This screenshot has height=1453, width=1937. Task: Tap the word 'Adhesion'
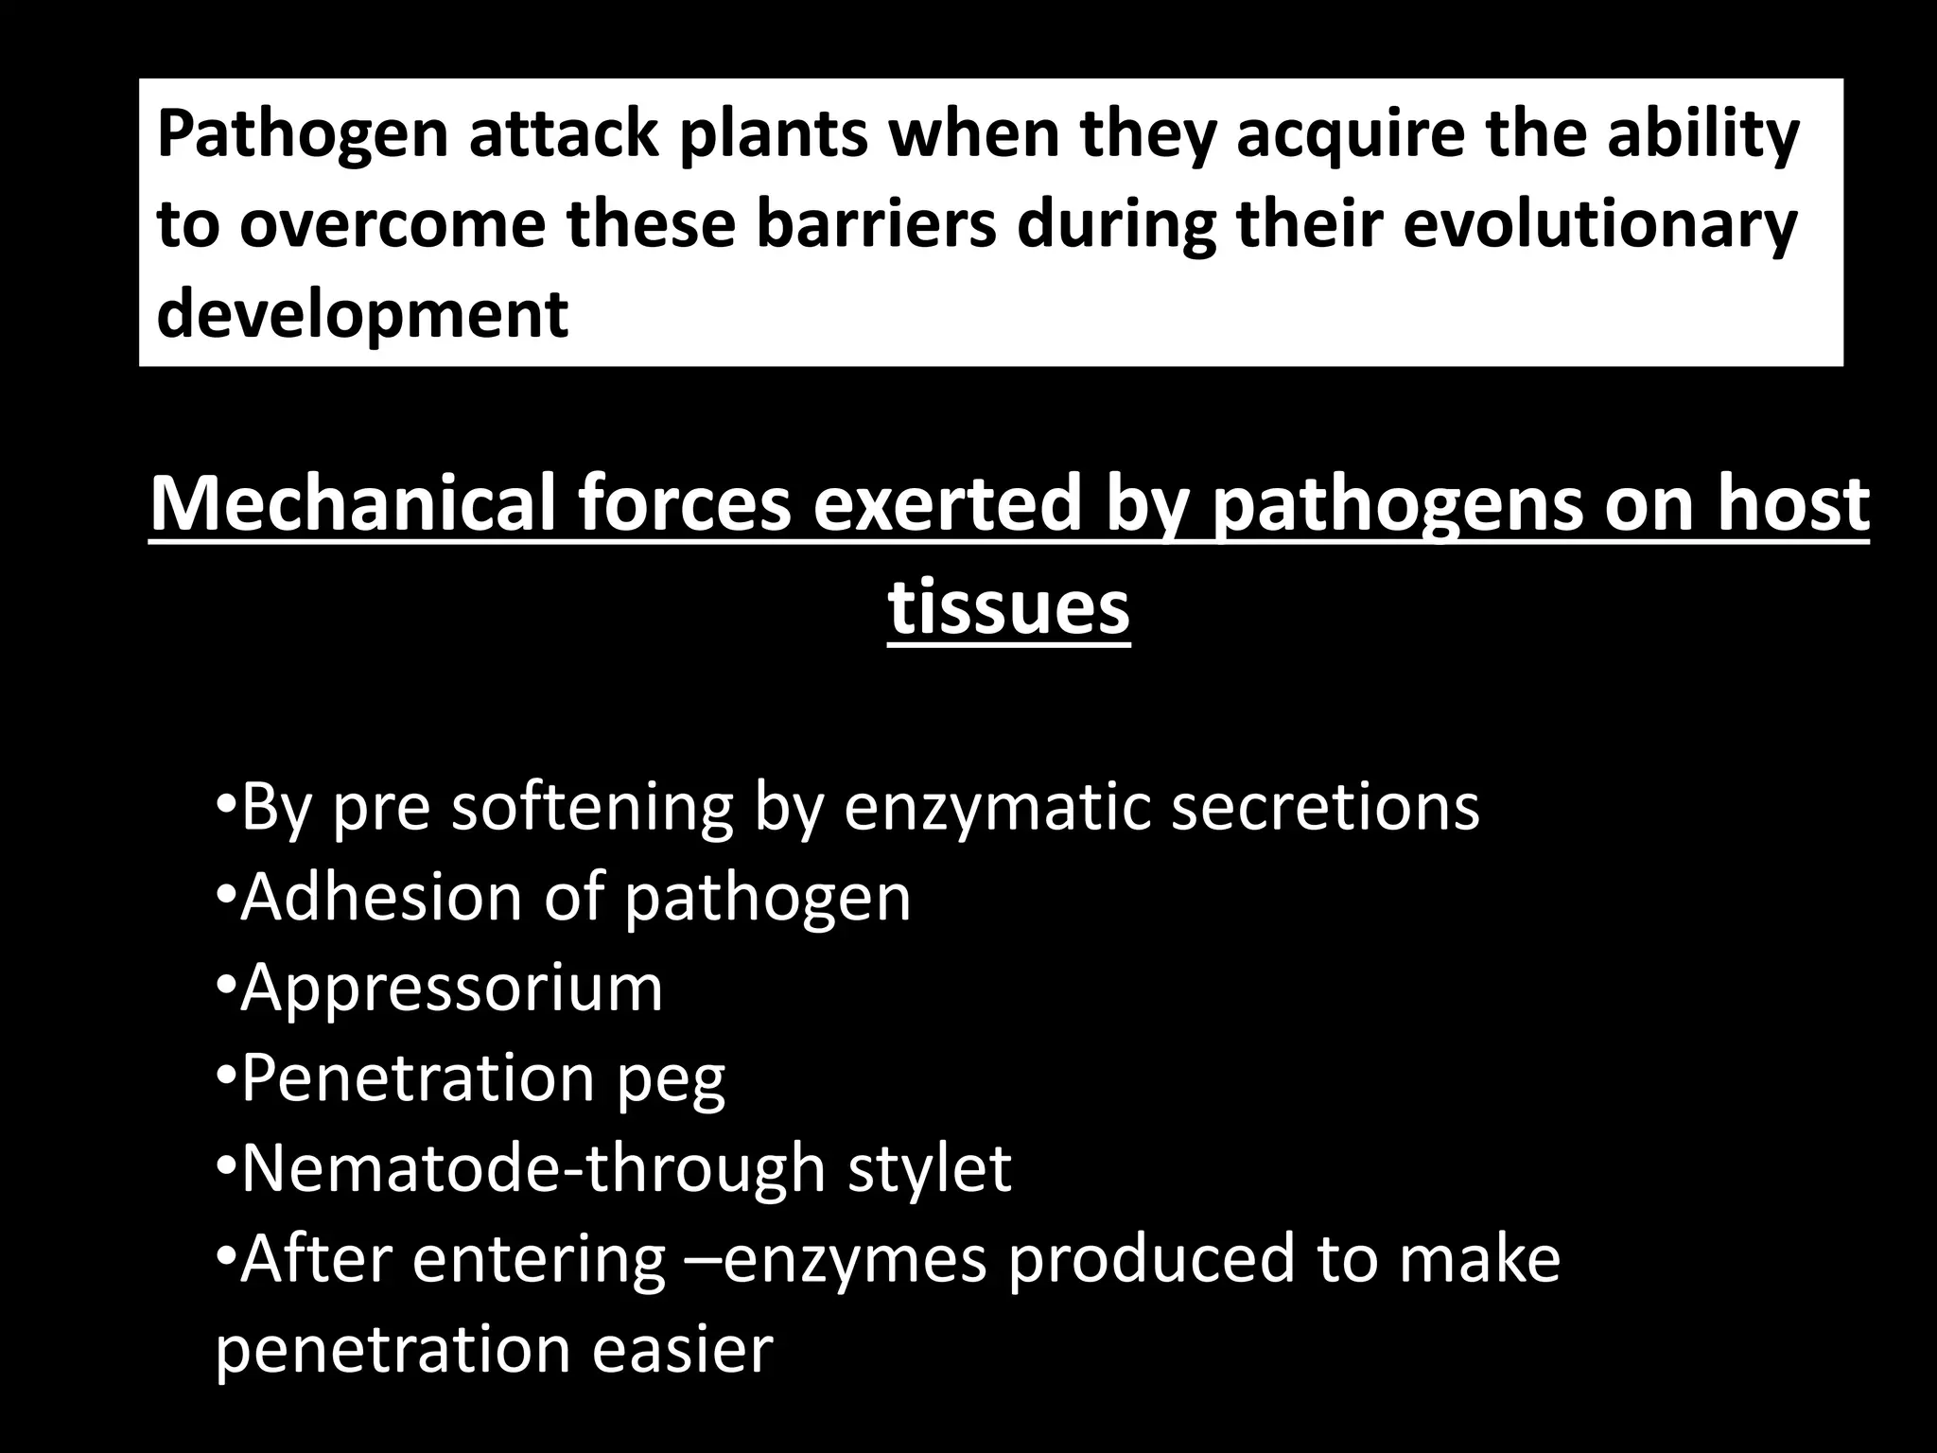(x=381, y=897)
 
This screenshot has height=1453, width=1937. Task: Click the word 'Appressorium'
(x=452, y=988)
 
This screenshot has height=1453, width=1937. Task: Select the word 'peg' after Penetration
(x=671, y=1078)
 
